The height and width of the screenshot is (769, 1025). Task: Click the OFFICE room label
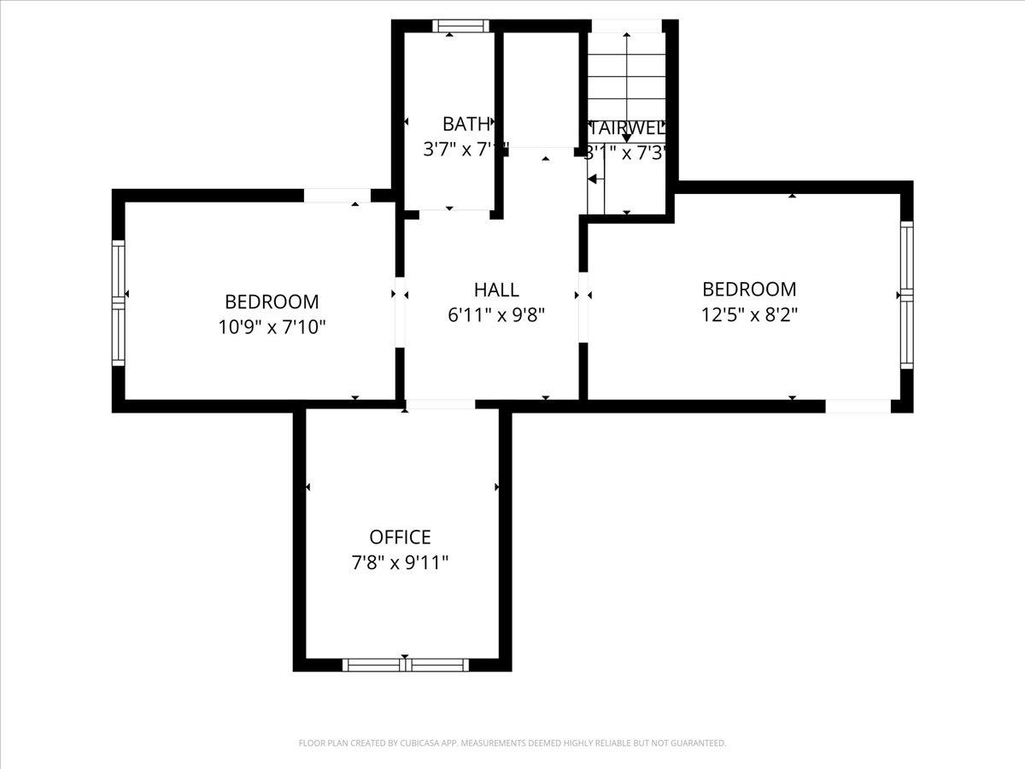[400, 537]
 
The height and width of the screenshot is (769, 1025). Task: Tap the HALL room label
[496, 290]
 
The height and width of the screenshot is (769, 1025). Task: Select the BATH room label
[466, 124]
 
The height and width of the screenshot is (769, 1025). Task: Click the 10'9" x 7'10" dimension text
[272, 326]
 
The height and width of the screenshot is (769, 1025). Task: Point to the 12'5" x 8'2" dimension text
[749, 314]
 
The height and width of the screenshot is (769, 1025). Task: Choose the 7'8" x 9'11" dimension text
[400, 562]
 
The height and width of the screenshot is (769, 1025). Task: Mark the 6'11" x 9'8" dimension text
[496, 314]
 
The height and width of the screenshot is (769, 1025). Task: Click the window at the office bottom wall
[406, 665]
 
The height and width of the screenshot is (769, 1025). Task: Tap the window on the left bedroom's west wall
[119, 302]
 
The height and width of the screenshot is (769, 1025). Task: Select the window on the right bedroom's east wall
[906, 295]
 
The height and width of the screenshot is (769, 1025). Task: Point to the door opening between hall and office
[440, 405]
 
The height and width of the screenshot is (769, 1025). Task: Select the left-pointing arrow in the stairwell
[592, 179]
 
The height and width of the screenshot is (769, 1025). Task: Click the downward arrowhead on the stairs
[627, 137]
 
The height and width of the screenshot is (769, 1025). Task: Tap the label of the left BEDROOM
[272, 302]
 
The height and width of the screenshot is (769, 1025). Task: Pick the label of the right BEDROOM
[749, 289]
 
